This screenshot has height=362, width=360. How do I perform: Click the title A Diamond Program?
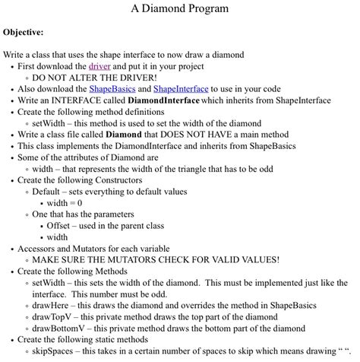pos(179,10)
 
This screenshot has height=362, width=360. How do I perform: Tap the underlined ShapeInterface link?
pos(181,89)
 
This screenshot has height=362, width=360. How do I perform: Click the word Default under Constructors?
pos(49,192)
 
